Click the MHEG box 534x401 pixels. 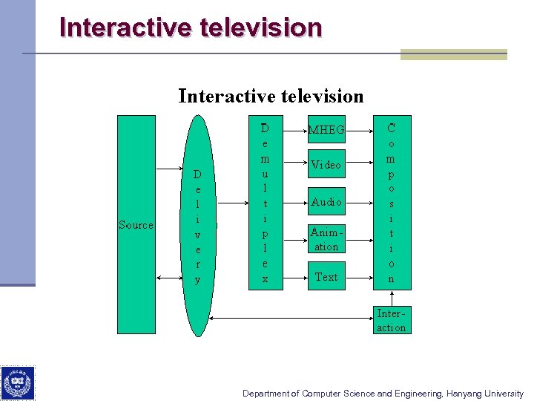pyautogui.click(x=326, y=130)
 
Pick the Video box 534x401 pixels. pyautogui.click(x=326, y=165)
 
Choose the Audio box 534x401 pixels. pyautogui.click(x=326, y=202)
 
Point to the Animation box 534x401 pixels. pyautogui.click(x=326, y=239)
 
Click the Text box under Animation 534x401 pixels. pyautogui.click(x=326, y=276)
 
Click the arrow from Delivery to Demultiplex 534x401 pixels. pyautogui.click(x=231, y=202)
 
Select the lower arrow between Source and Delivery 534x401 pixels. pyautogui.click(x=169, y=277)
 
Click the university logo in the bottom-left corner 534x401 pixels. pyautogui.click(x=17, y=382)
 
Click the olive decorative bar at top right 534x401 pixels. pyautogui.click(x=453, y=54)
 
